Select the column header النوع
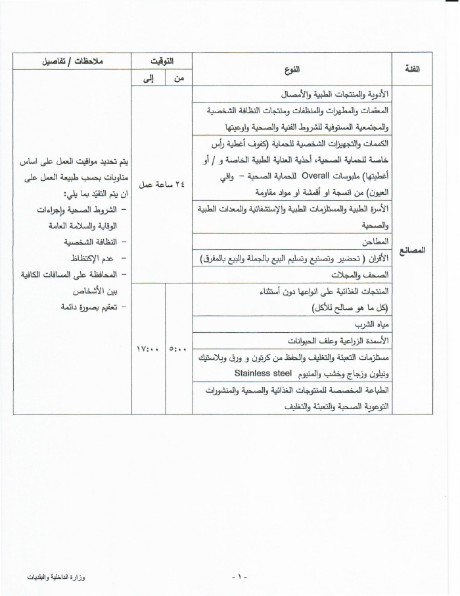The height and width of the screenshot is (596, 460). coord(293,69)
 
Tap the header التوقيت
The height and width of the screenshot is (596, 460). coord(162,61)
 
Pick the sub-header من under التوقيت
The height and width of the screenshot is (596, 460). coord(178,78)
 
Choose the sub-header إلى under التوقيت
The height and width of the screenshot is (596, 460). coord(148,78)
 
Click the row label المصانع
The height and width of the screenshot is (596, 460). coord(415,250)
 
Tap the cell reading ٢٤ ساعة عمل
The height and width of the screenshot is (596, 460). coord(162,185)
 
